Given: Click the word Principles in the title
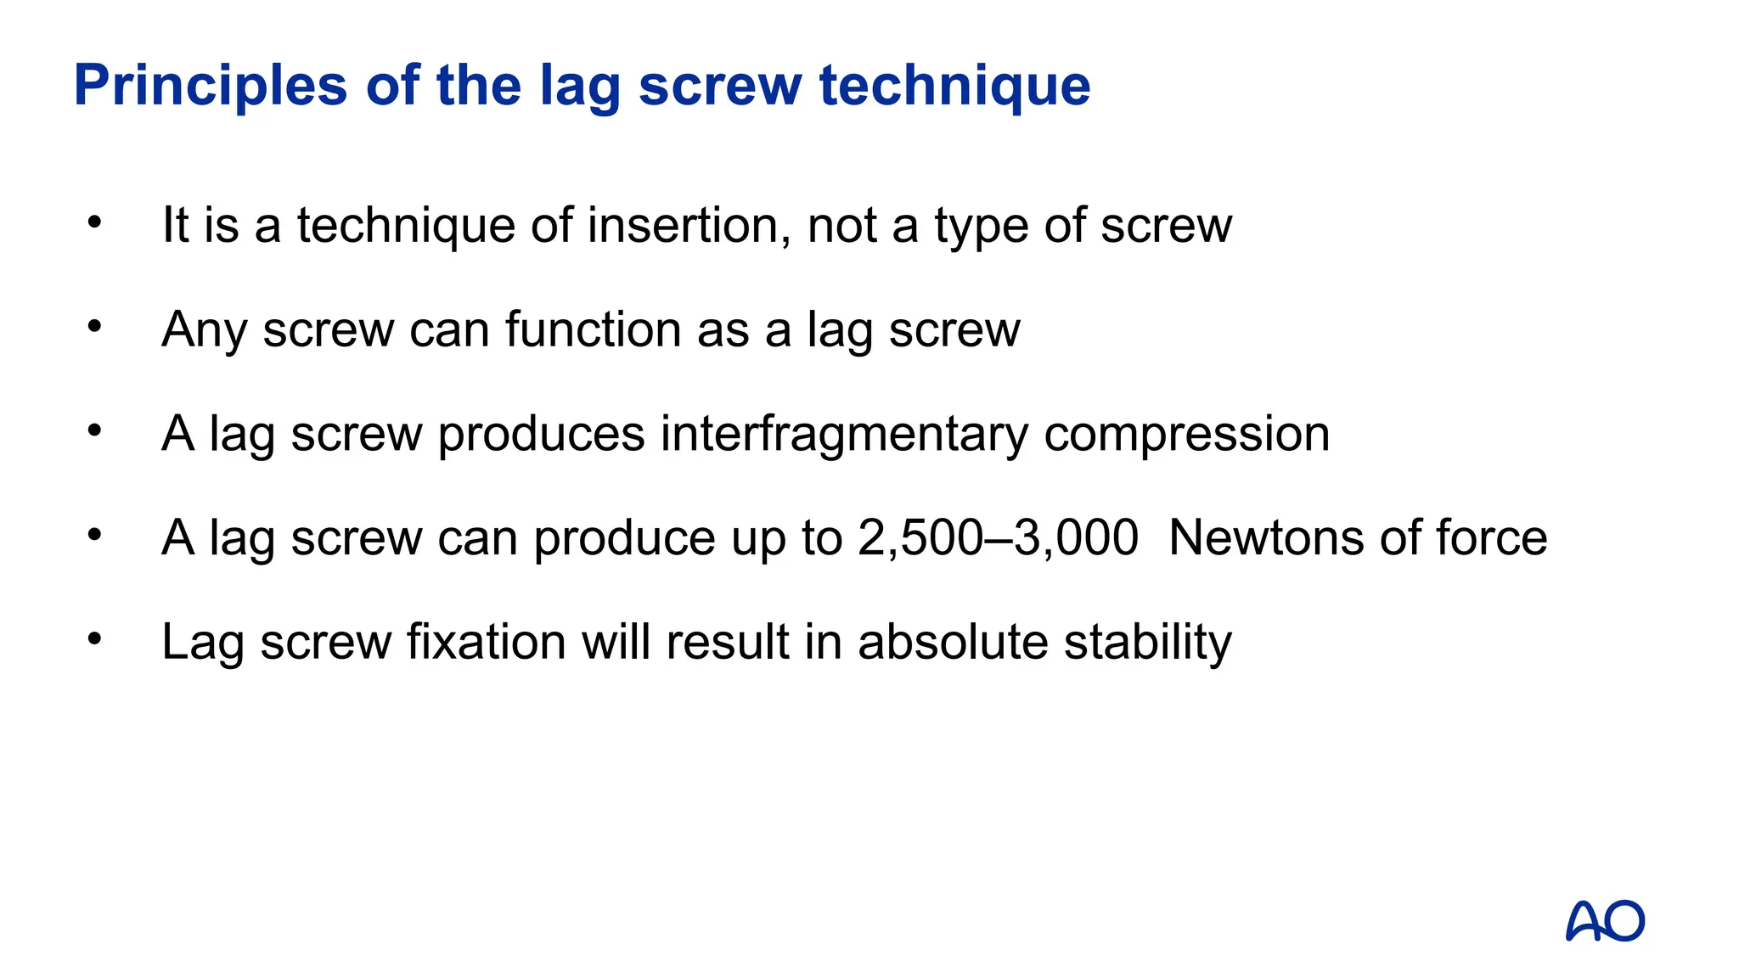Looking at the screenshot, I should tap(211, 86).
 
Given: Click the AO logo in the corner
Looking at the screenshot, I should tap(1604, 921).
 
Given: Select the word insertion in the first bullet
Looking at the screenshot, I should tap(688, 225).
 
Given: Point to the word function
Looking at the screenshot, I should tap(593, 329).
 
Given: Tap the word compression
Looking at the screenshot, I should tap(1186, 434).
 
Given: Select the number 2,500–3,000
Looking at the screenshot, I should tap(998, 537).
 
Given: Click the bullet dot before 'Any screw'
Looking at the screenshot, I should tap(94, 327).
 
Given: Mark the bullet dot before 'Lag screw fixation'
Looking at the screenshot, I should tap(94, 638).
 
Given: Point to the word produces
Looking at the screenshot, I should tap(541, 434).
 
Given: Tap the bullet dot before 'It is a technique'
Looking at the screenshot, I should tap(94, 222).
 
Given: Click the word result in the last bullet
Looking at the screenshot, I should tap(728, 641).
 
